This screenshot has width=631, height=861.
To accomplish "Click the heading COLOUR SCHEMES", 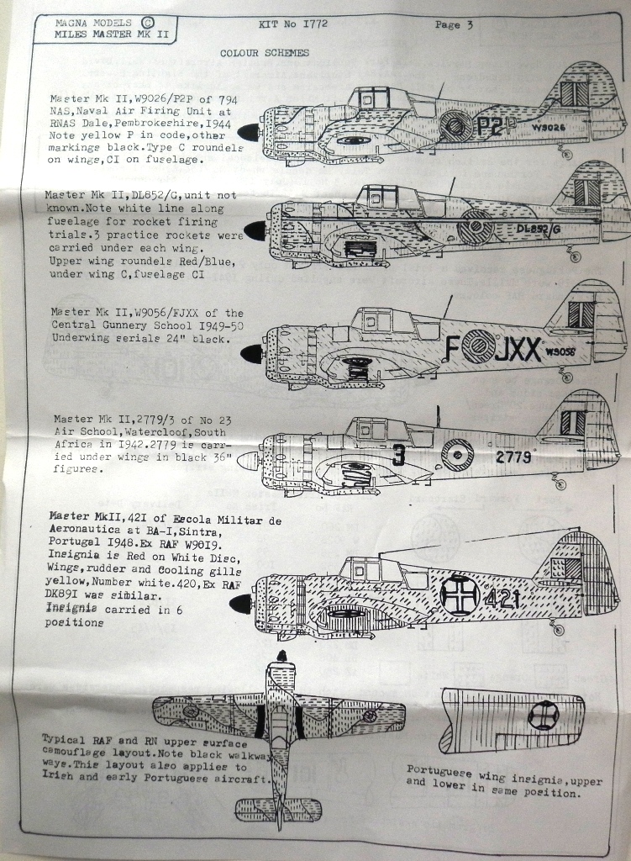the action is (x=264, y=53).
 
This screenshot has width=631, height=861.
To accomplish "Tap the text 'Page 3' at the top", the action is (x=454, y=24).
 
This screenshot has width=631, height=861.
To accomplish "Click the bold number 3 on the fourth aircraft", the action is (x=399, y=455).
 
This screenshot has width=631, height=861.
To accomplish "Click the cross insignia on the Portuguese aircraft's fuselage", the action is (x=460, y=595).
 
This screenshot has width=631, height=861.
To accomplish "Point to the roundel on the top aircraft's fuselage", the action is (x=455, y=126).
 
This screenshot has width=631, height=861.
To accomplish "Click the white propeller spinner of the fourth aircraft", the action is (x=247, y=461).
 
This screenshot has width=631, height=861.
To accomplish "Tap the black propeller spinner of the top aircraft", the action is (x=249, y=132).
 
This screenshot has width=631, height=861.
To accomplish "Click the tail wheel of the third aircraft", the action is (x=566, y=377).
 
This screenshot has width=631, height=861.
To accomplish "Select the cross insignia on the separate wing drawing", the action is (x=543, y=716).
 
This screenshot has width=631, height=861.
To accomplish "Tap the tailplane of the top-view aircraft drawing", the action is (x=278, y=810).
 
